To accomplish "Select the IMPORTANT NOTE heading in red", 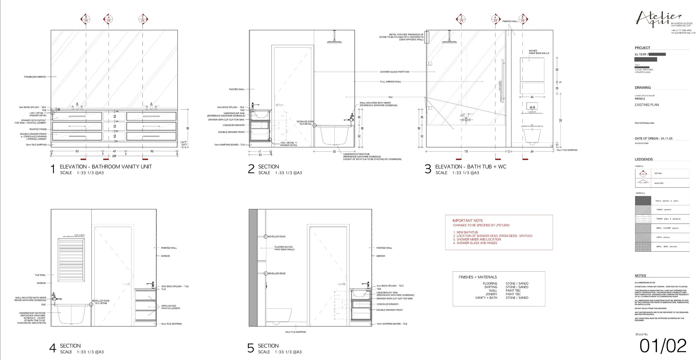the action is (x=468, y=221).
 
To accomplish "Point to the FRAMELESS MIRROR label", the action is (x=35, y=77).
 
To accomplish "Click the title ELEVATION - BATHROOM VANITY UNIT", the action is (x=106, y=167).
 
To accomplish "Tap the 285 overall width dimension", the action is (x=114, y=156).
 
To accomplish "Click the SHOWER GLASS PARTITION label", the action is (x=395, y=72).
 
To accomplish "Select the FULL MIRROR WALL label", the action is (x=391, y=82).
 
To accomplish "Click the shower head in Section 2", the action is (x=334, y=42).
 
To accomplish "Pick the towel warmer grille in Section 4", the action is (x=71, y=260).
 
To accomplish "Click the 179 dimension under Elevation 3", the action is (x=466, y=152).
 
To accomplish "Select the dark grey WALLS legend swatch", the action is (x=643, y=201).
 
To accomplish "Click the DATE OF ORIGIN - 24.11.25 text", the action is (x=653, y=139).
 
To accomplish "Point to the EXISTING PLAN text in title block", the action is (x=647, y=105).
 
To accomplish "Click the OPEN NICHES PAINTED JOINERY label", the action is (x=171, y=307).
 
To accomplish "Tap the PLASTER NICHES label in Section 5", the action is (x=284, y=248).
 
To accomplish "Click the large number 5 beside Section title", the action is (x=250, y=348).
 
